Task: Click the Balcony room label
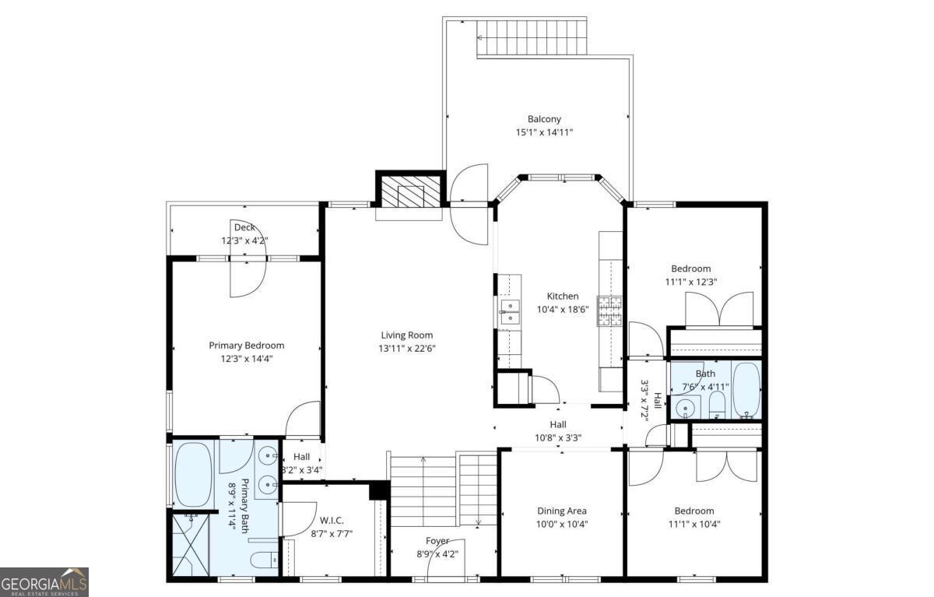[x=544, y=119]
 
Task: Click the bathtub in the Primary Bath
[x=193, y=475]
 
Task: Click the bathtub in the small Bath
[x=746, y=389]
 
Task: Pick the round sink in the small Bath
[x=686, y=407]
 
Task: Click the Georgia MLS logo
[x=44, y=581]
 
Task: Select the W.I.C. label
[x=332, y=520]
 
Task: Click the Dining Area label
[x=562, y=511]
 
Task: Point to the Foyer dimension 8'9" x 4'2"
[x=437, y=554]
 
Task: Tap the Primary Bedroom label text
[x=246, y=345]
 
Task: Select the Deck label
[x=244, y=227]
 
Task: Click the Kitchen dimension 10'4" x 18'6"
[x=562, y=309]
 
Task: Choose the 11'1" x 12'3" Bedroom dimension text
[x=690, y=282]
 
